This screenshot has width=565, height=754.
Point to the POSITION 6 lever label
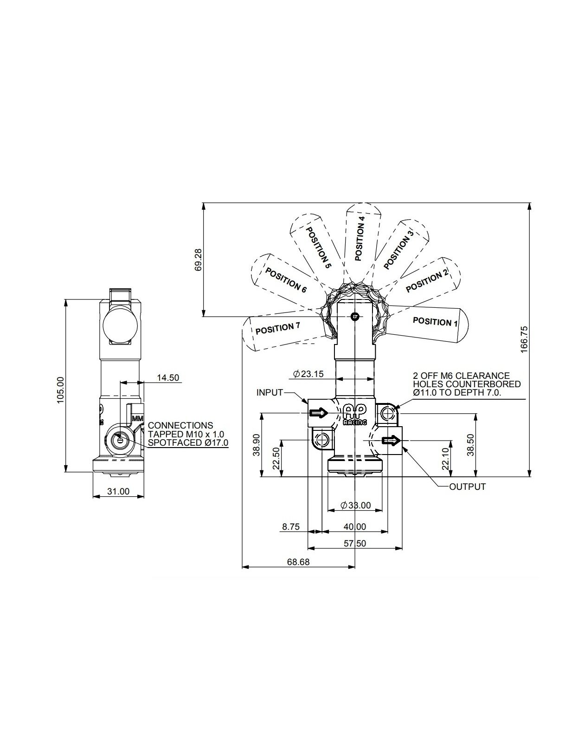[286, 280]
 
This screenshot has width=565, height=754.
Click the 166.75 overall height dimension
[524, 339]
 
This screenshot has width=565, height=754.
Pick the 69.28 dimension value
[198, 260]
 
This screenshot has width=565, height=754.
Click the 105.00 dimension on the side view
[60, 390]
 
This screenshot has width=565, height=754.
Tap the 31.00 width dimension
[118, 492]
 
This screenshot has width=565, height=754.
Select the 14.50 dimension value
[168, 378]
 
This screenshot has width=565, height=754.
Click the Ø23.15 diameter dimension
[308, 374]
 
